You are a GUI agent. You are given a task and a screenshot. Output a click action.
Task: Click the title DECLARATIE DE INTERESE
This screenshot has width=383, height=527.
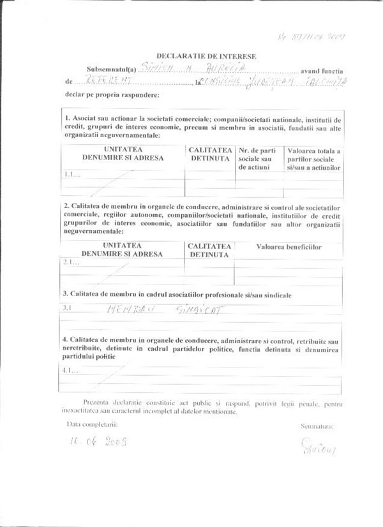(206, 56)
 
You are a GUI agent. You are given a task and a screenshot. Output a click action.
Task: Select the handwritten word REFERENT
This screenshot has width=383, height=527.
(103, 81)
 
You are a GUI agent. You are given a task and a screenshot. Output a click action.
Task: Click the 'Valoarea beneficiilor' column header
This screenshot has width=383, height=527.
(289, 246)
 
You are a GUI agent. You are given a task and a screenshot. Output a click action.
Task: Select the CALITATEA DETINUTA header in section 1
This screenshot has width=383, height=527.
(209, 154)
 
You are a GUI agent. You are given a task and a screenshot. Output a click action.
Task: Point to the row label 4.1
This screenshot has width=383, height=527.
(71, 371)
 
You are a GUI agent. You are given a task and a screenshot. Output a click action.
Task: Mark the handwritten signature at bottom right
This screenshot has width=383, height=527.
(317, 450)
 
